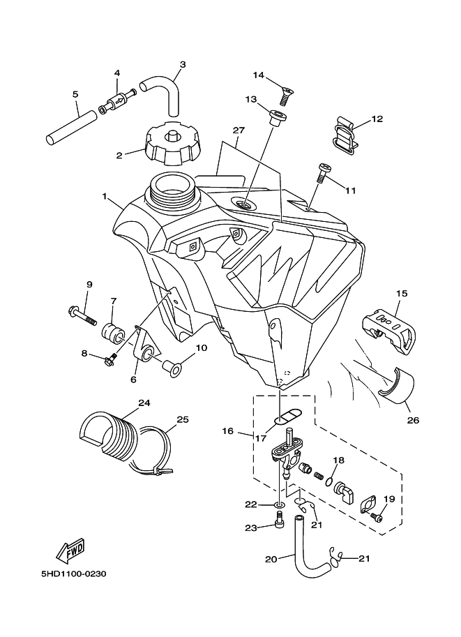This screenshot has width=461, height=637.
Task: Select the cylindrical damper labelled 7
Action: click(112, 333)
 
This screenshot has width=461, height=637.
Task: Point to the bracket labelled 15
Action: click(388, 327)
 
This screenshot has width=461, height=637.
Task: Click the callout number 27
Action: click(239, 130)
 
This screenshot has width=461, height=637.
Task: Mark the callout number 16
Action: click(227, 432)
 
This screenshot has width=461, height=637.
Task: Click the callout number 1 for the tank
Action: click(105, 197)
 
